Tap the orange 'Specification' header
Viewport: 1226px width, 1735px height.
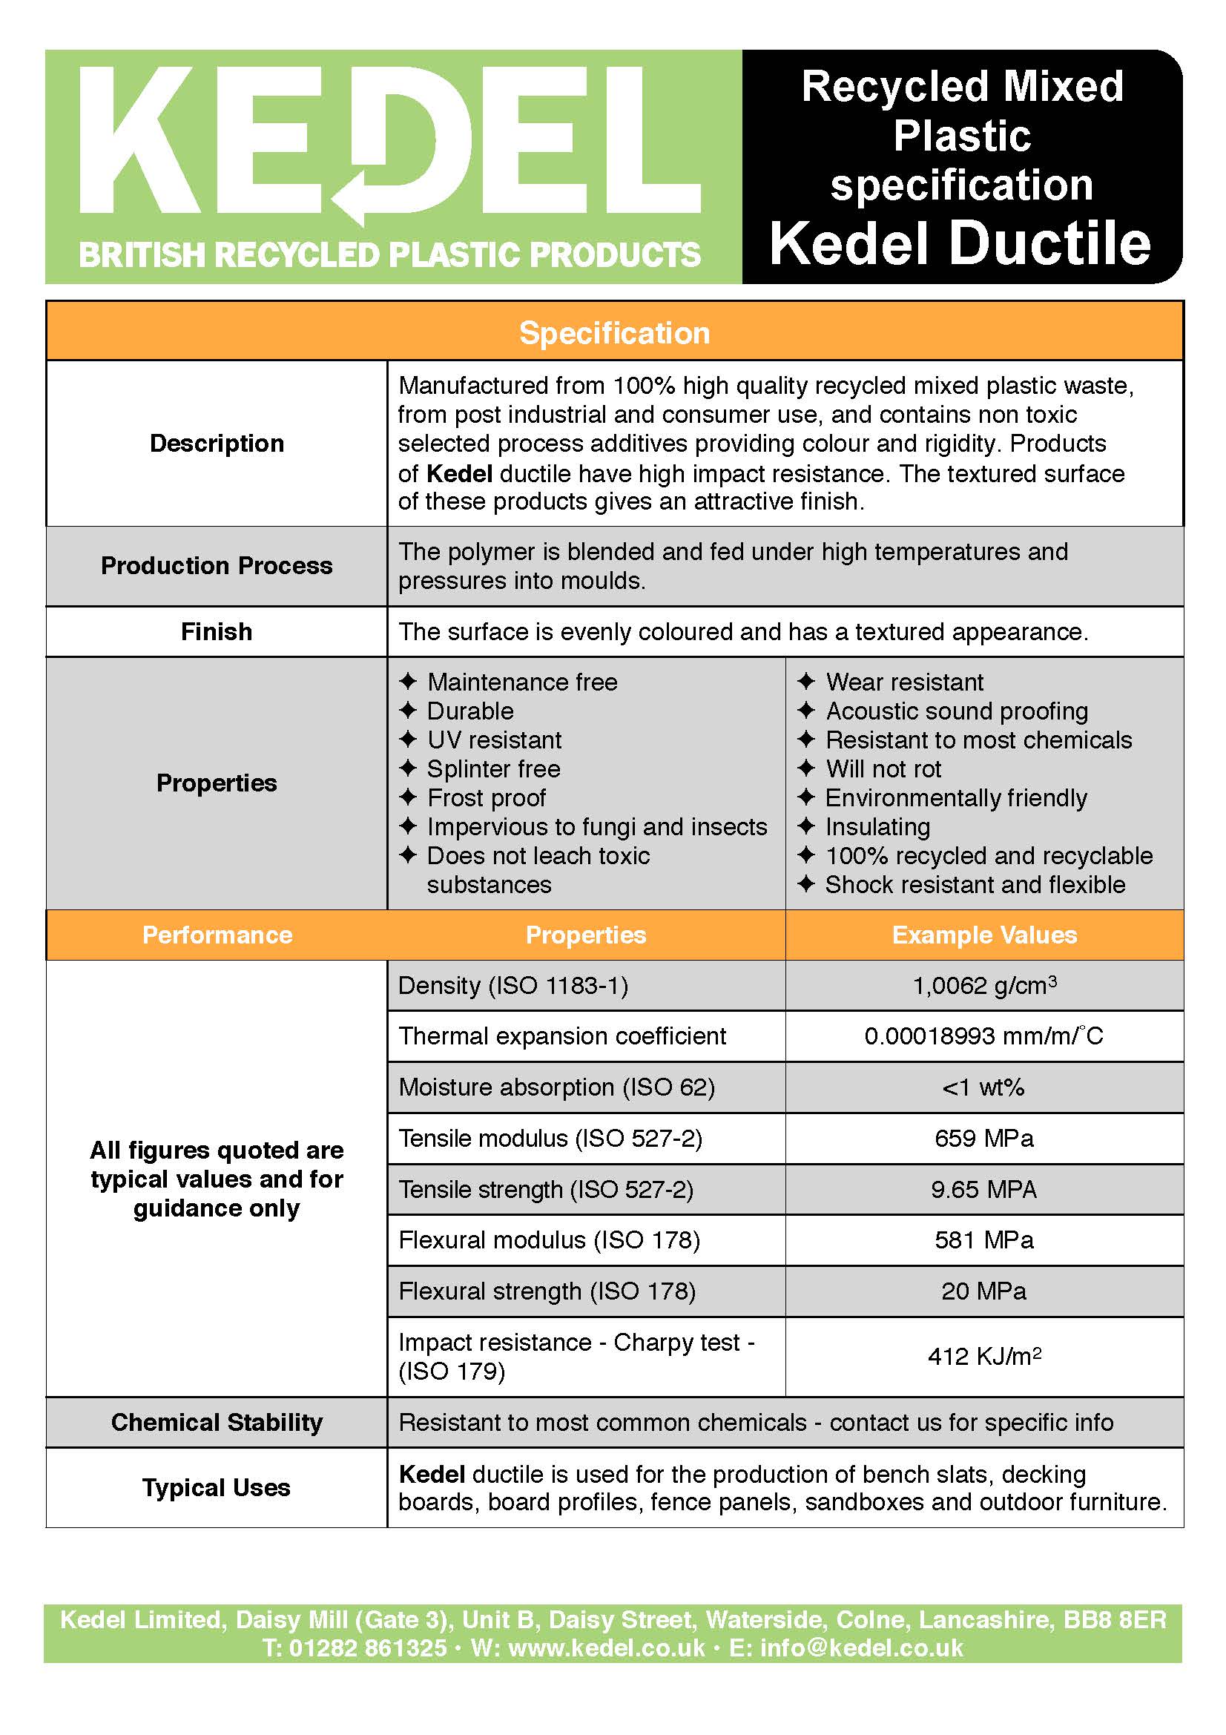(x=614, y=333)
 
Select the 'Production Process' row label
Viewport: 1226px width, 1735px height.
(x=216, y=566)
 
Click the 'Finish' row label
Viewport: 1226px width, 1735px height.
(x=216, y=632)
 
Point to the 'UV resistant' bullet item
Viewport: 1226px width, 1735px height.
(x=494, y=740)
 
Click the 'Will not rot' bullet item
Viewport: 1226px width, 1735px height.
(x=883, y=769)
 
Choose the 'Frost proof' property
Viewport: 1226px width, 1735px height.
(x=486, y=798)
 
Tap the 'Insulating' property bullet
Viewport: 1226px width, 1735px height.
(x=877, y=826)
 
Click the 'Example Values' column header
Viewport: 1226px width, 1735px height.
(x=983, y=935)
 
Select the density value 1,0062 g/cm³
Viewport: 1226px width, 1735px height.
(x=983, y=985)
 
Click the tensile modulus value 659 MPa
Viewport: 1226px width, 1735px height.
(x=983, y=1138)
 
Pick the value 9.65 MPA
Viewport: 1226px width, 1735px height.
(x=983, y=1189)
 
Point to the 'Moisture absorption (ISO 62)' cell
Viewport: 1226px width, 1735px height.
(x=556, y=1087)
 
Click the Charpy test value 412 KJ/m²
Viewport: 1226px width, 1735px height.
(x=983, y=1357)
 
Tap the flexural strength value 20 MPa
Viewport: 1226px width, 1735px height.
(x=983, y=1291)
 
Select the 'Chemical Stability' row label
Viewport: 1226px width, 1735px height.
(x=216, y=1422)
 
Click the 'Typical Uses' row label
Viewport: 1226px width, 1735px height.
(x=216, y=1487)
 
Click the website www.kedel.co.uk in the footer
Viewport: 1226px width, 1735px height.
(x=606, y=1647)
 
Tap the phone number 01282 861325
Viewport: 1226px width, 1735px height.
(x=367, y=1647)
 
